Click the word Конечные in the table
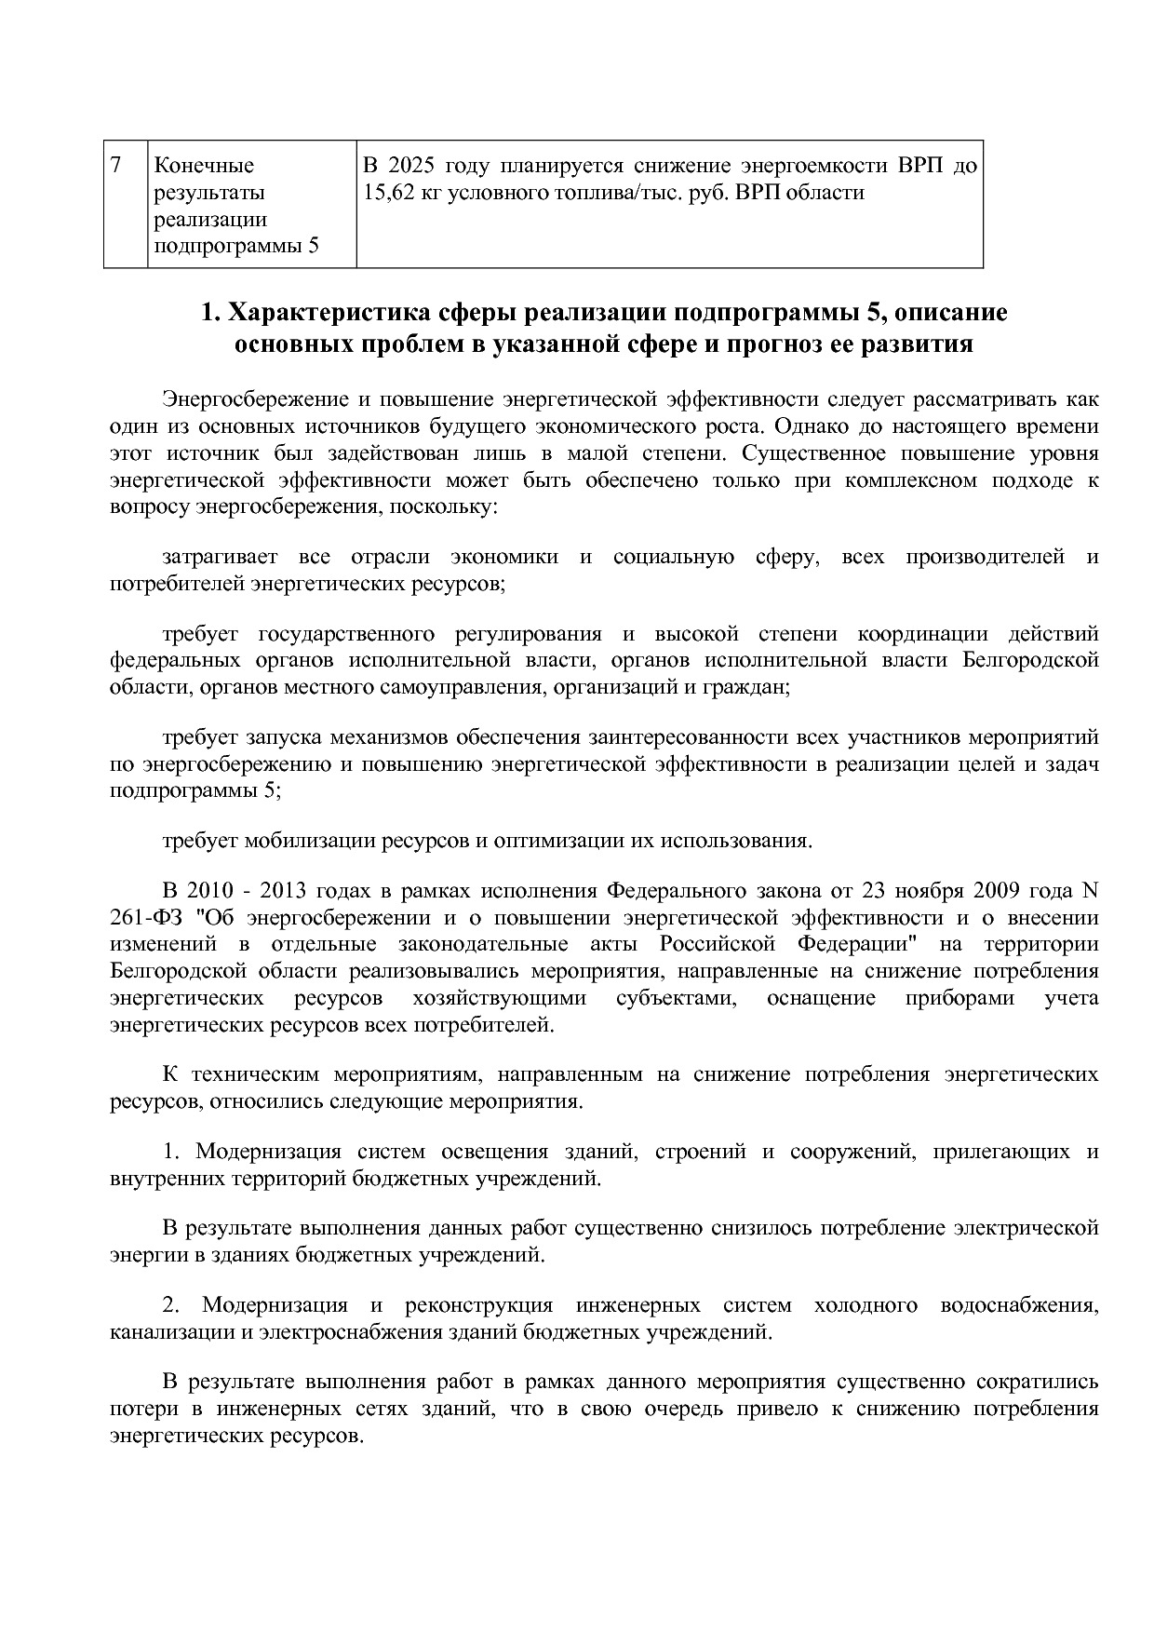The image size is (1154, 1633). [x=203, y=167]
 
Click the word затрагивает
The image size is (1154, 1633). [x=221, y=558]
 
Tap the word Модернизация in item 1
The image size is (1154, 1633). [x=268, y=1153]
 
